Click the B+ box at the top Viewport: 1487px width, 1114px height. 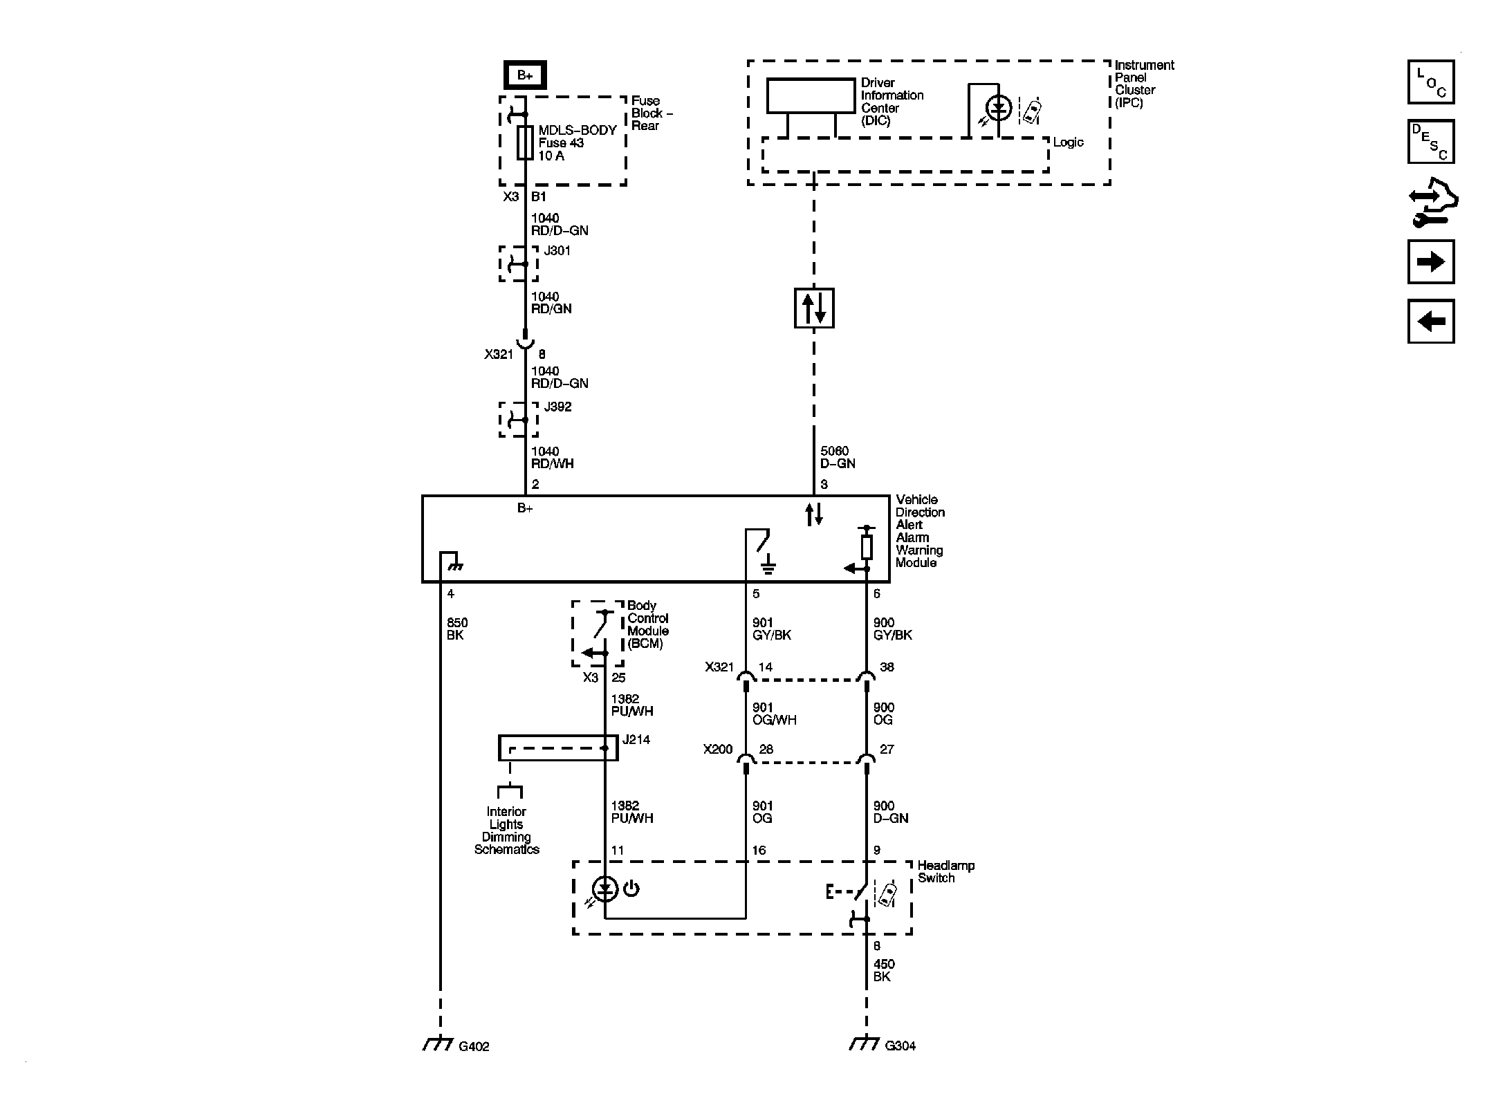coord(525,75)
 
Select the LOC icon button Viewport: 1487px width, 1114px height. coord(1430,82)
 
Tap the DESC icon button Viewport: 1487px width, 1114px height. coord(1430,142)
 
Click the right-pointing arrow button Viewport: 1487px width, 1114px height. coord(1430,262)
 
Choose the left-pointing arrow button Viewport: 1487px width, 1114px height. coord(1430,322)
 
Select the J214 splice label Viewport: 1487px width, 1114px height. coord(636,740)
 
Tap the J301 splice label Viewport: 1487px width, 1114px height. coord(557,250)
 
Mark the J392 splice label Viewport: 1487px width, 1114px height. coord(557,407)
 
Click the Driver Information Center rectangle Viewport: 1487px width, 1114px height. coord(811,95)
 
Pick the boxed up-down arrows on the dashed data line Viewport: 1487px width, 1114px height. coord(814,308)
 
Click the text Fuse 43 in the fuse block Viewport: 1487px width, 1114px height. coord(561,143)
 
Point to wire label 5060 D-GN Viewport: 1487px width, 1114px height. coord(837,457)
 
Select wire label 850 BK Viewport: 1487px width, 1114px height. coord(457,629)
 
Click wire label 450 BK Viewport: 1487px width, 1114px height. coord(883,970)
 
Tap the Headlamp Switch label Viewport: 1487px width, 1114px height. coord(945,871)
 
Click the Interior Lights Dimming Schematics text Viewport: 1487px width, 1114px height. coord(506,830)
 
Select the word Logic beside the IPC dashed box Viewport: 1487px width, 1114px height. coord(1068,142)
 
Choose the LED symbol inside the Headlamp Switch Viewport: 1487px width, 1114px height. coord(606,889)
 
